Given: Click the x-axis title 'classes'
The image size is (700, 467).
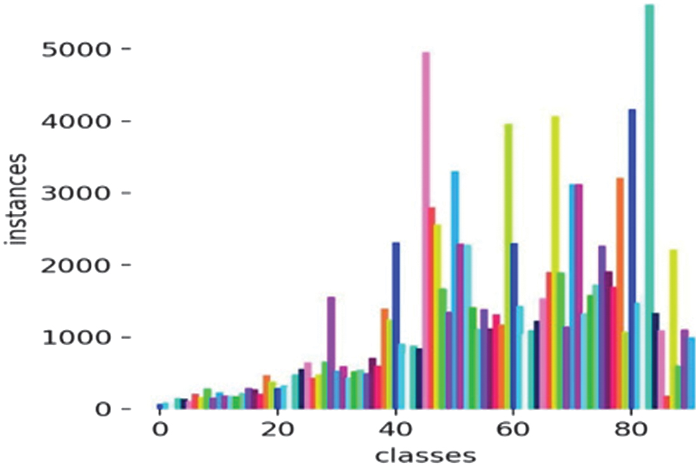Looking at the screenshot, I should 425,454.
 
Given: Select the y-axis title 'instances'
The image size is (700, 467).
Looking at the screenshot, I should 19,198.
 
